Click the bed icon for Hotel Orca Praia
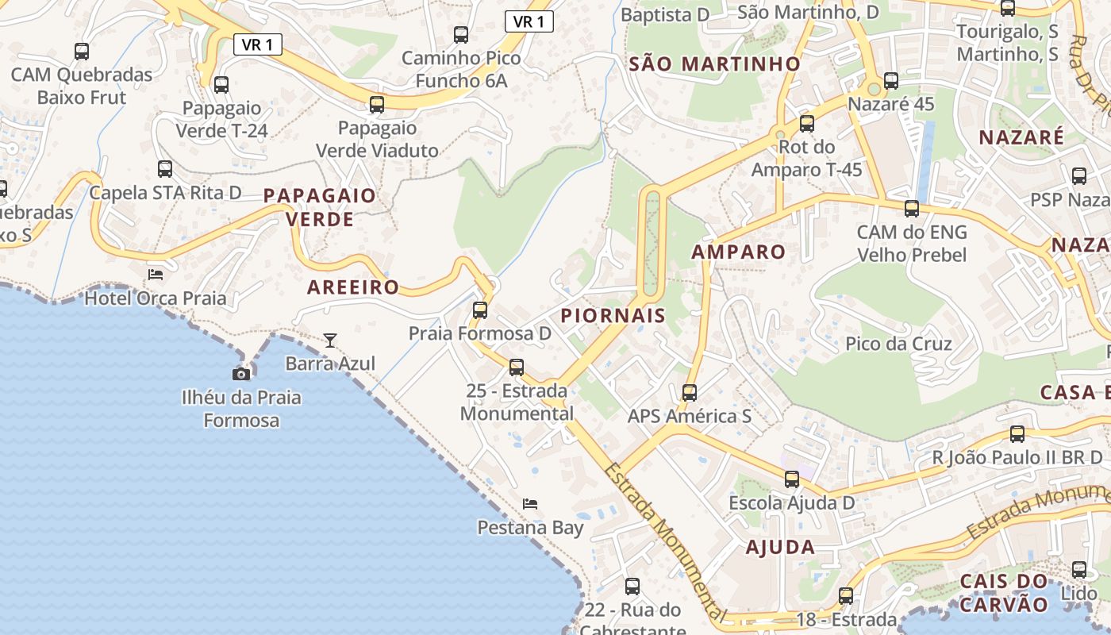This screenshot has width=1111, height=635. [x=156, y=275]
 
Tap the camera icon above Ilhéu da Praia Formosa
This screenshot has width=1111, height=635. [x=241, y=373]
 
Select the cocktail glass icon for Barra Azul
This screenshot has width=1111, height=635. [x=330, y=341]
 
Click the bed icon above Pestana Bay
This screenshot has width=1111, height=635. [x=530, y=504]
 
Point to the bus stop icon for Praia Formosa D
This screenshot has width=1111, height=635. [x=480, y=310]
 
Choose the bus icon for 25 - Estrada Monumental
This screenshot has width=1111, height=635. [x=517, y=368]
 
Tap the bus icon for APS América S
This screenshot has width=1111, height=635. [x=690, y=393]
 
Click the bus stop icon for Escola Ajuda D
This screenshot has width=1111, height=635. [x=792, y=479]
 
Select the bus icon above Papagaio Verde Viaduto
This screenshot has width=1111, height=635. [x=377, y=105]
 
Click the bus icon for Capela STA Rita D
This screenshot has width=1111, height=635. [x=165, y=169]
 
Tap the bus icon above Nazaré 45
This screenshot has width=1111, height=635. [x=891, y=81]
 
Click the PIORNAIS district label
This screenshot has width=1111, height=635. [x=613, y=315]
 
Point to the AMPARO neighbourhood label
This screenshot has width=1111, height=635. [x=738, y=252]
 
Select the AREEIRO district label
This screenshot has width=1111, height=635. [x=353, y=287]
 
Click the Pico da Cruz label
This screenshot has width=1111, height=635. [x=898, y=344]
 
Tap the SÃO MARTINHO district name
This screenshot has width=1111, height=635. [x=715, y=64]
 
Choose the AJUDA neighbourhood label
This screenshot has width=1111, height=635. [x=780, y=547]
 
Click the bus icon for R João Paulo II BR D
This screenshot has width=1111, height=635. [x=1017, y=434]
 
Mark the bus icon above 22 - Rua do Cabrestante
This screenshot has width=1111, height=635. [x=632, y=587]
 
